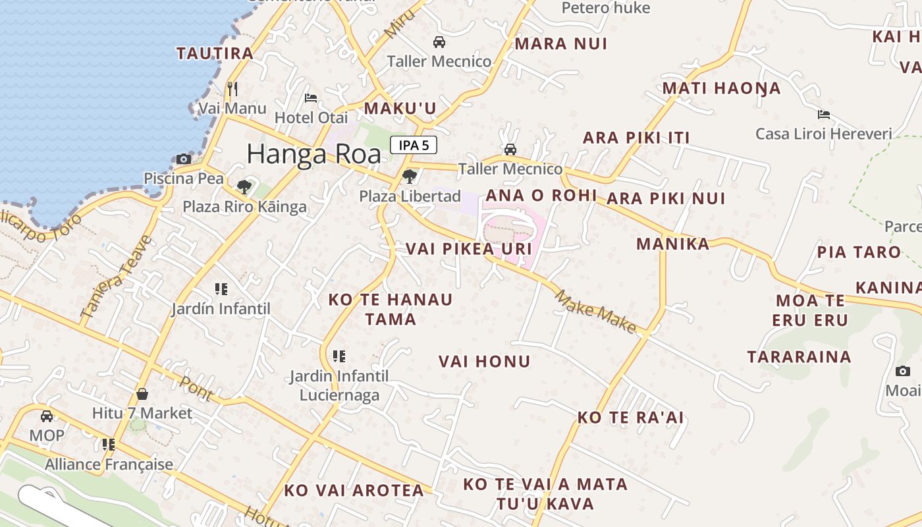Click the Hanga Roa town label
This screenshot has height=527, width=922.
coord(313,154)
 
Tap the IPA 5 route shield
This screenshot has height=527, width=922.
coord(414,145)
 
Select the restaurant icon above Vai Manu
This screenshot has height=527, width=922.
coord(232,88)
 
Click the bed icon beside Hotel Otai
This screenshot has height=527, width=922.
coord(311,98)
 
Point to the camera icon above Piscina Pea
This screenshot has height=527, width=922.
coord(184,159)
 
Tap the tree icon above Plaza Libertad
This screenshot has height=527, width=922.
coord(409,176)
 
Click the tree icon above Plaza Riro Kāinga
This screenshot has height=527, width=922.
coord(244,186)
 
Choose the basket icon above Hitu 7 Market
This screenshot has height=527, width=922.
coord(142,394)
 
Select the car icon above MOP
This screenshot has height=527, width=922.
coord(47,416)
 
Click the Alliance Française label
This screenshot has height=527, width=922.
coord(109,464)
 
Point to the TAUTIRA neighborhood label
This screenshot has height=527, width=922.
coord(215,53)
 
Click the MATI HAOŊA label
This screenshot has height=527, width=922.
coord(721,88)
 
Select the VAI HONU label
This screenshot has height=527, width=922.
coord(484,361)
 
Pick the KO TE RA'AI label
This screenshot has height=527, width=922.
coord(630,418)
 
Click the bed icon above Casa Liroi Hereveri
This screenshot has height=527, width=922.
coord(823,115)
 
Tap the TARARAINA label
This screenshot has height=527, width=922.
coord(799,357)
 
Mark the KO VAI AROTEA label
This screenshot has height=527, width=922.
coord(354,491)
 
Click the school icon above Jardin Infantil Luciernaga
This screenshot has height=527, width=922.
coord(339,356)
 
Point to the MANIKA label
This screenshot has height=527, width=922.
coord(672,244)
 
